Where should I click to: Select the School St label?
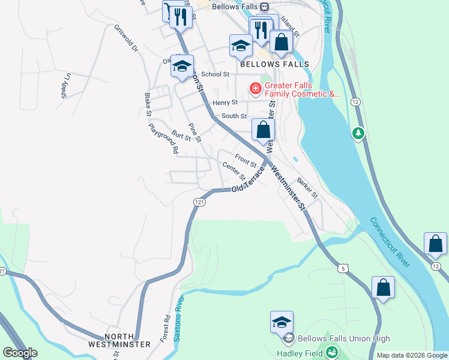click(215, 74)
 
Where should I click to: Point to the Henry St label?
click(225, 103)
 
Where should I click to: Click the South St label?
click(234, 116)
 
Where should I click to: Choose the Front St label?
click(246, 160)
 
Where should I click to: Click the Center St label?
click(234, 172)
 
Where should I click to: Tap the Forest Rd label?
click(165, 329)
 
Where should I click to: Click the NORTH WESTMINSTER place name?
click(119, 340)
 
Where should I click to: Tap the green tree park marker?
click(359, 133)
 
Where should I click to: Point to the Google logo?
click(20, 353)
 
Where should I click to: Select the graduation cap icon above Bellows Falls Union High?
click(282, 323)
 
